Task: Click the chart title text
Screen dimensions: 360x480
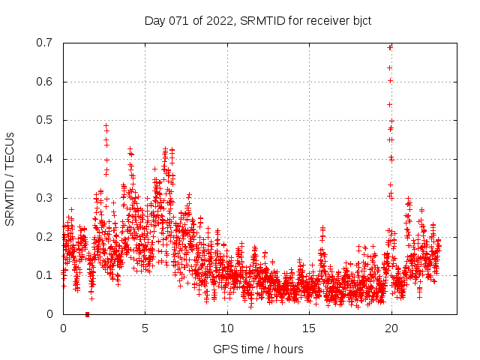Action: pos(258,20)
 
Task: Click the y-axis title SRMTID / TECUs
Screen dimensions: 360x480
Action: pos(10,178)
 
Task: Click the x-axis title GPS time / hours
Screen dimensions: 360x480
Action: pos(258,349)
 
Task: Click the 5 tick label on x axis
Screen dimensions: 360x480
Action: pos(145,328)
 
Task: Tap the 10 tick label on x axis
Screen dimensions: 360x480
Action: pos(227,328)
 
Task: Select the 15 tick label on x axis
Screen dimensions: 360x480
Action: pos(309,328)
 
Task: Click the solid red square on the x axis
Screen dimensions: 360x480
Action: pos(88,314)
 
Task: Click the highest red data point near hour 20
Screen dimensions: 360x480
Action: pos(390,47)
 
